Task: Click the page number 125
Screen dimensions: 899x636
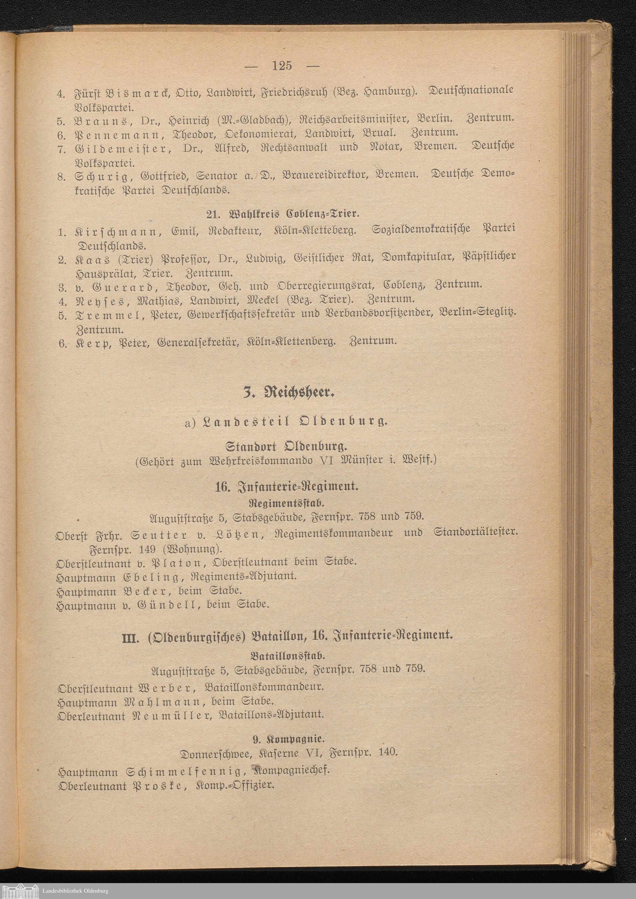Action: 281,66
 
